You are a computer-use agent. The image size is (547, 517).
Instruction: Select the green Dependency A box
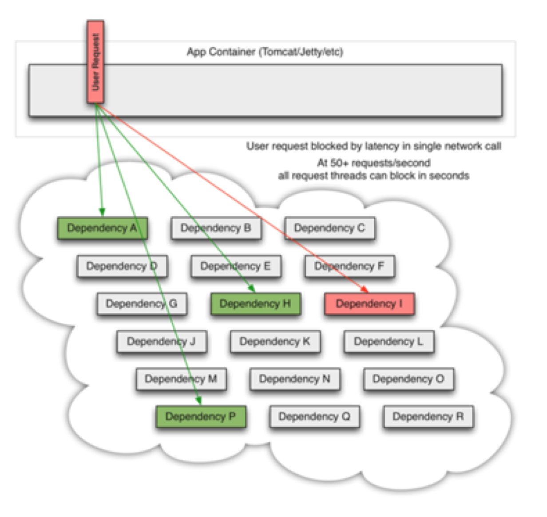point(102,228)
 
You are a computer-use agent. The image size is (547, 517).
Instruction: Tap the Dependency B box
point(216,228)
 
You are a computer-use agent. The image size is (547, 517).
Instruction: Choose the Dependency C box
point(329,228)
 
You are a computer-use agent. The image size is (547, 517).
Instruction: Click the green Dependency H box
point(255,304)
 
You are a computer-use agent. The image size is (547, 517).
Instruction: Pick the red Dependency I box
point(369,304)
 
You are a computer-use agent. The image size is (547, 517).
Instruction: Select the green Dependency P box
point(201,417)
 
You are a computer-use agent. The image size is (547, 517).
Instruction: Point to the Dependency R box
point(428,417)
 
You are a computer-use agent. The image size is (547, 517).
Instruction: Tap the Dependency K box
point(275,342)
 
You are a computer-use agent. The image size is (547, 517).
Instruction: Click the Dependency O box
point(408,379)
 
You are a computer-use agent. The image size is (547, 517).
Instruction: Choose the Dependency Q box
point(314,417)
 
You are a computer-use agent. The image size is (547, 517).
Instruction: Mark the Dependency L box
point(388,342)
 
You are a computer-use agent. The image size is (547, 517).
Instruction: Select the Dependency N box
point(295,379)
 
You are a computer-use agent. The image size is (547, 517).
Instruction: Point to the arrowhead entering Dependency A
point(102,212)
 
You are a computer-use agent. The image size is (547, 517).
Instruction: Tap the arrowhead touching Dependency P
point(199,401)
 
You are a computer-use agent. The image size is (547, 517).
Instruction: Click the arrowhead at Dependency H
point(252,289)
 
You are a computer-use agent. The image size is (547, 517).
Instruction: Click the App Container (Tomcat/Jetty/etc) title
point(265,52)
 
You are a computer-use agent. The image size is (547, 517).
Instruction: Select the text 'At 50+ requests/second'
point(373,163)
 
